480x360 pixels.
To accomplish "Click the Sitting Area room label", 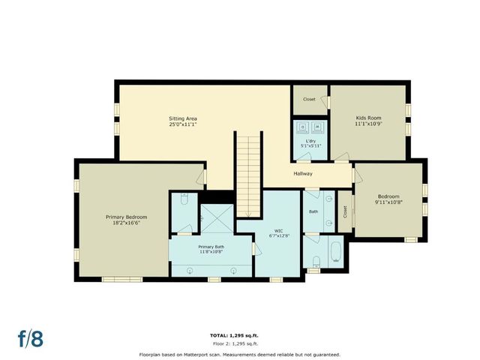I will (x=183, y=118).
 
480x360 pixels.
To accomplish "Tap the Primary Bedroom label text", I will (x=126, y=217).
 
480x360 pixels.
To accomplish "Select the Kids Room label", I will (x=367, y=118).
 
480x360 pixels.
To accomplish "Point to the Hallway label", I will (x=303, y=174).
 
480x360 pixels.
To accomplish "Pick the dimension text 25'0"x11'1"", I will (x=183, y=125).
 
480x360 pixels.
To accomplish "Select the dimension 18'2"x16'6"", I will (x=126, y=223).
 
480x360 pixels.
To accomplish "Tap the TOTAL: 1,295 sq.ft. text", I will (x=239, y=334).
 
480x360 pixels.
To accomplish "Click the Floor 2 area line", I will (x=239, y=343).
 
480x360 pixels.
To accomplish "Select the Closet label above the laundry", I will (x=309, y=99).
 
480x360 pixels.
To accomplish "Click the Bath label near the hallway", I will (x=313, y=211).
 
